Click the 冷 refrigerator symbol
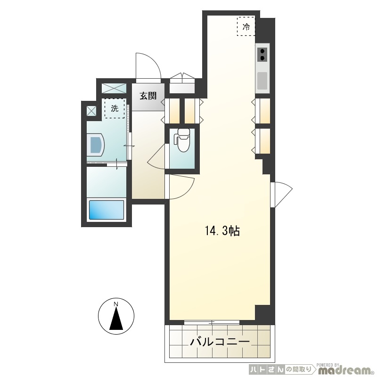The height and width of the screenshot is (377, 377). tap(246, 26)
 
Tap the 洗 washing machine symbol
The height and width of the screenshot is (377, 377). tap(115, 109)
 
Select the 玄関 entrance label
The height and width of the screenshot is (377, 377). tap(148, 96)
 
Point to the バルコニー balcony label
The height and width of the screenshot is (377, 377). tap(220, 341)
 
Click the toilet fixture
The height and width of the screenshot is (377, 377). tap(182, 140)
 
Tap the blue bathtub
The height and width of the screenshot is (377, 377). tap(107, 210)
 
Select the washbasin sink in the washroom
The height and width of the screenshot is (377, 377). tap(96, 145)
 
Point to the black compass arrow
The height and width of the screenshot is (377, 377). tap(116, 320)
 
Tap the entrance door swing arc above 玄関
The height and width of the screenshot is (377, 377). tap(148, 66)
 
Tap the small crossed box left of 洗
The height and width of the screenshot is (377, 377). tap(91, 111)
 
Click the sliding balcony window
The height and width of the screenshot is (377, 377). tap(212, 322)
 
